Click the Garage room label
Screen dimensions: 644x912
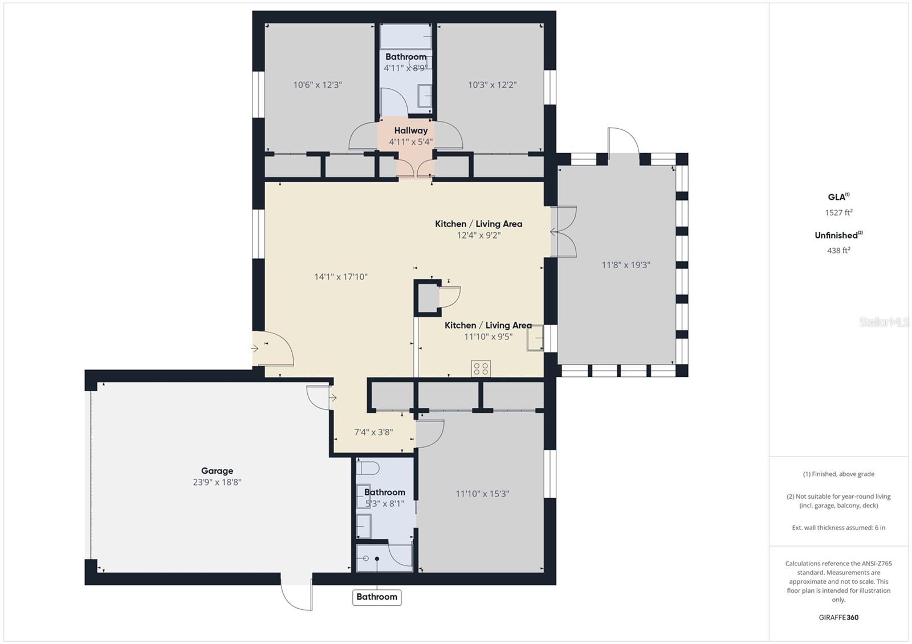(x=217, y=471)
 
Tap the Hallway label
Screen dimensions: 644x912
(x=410, y=130)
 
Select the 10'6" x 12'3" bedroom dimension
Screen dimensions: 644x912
(x=317, y=85)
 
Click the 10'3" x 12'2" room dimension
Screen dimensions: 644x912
(x=492, y=85)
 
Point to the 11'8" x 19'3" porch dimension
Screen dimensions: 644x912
(x=625, y=265)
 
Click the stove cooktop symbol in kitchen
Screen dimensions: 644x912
(x=481, y=368)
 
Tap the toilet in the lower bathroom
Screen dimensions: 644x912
(x=368, y=469)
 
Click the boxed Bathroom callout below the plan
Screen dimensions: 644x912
(x=377, y=597)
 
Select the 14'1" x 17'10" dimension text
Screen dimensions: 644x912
(x=341, y=277)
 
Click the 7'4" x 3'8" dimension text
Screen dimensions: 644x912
(x=373, y=432)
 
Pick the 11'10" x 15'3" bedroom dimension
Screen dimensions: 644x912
(x=482, y=494)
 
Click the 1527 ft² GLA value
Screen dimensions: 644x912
(x=838, y=212)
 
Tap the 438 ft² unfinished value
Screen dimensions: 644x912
(x=838, y=250)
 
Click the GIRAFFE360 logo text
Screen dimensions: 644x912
(x=838, y=617)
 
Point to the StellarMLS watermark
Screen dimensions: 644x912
(x=884, y=322)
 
